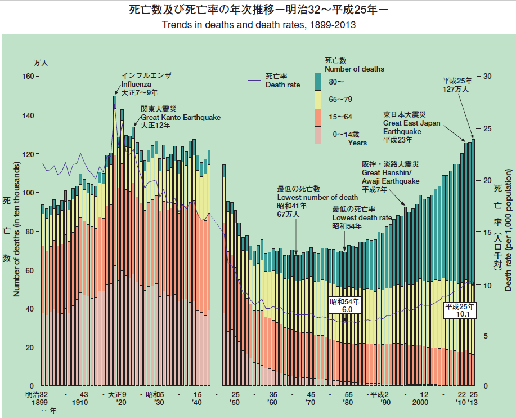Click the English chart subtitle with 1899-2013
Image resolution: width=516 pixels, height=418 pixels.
point(258,25)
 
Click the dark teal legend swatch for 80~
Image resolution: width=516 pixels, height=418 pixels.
point(317,82)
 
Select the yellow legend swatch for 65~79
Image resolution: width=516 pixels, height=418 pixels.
point(317,99)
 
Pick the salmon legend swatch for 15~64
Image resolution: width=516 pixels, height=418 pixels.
point(317,117)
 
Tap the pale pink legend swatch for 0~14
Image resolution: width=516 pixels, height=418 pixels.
point(317,135)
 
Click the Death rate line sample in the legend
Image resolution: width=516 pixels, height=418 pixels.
point(255,81)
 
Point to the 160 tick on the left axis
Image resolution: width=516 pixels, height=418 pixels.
point(28,77)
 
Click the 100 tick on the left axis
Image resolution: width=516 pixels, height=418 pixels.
point(28,193)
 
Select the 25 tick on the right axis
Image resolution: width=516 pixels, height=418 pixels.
point(487,128)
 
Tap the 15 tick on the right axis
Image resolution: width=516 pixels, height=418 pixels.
point(487,232)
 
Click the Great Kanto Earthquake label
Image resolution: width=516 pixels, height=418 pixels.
point(180,118)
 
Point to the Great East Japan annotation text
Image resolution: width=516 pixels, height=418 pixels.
point(411,123)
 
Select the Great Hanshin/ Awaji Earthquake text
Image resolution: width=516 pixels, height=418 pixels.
point(391,177)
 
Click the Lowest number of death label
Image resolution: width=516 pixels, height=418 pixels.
point(317,197)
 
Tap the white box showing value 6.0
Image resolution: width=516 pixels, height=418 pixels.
point(345,306)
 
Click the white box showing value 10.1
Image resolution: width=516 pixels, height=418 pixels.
point(460,310)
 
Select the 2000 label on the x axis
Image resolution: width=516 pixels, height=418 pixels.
point(419,403)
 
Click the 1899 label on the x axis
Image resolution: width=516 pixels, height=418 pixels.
point(35,403)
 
